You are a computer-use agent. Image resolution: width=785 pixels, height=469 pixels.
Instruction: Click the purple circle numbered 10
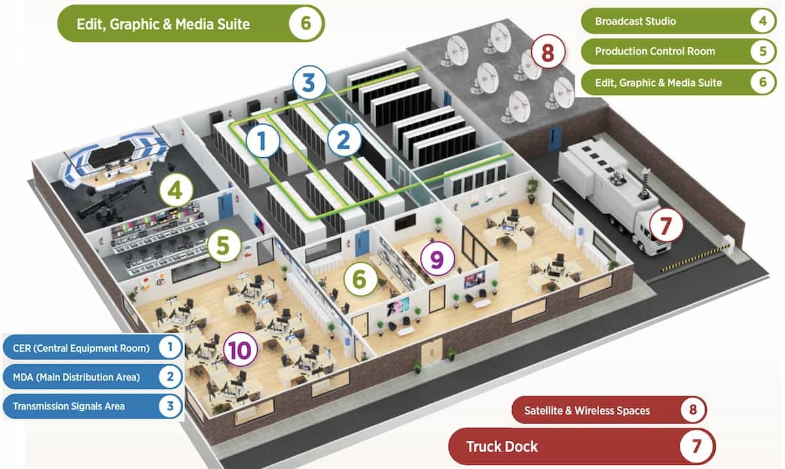tap(240, 350)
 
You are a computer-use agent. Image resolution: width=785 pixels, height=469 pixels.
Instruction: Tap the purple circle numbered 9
tap(437, 258)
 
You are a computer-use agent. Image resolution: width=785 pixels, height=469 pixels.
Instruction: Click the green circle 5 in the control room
tap(224, 247)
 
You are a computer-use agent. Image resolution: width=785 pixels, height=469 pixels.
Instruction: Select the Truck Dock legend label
tap(502, 447)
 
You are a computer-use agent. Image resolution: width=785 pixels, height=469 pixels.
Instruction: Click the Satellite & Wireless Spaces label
tap(587, 411)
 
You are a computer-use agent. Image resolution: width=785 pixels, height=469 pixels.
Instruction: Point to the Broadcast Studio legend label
tap(635, 21)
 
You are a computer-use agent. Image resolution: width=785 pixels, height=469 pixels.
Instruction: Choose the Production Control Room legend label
tap(654, 51)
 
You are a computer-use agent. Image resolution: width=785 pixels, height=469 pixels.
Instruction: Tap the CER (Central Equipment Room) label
tap(81, 348)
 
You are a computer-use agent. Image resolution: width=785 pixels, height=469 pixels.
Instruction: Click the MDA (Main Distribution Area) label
tap(75, 377)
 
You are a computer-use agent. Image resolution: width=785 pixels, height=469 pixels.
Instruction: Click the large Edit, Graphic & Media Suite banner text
tap(164, 24)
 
